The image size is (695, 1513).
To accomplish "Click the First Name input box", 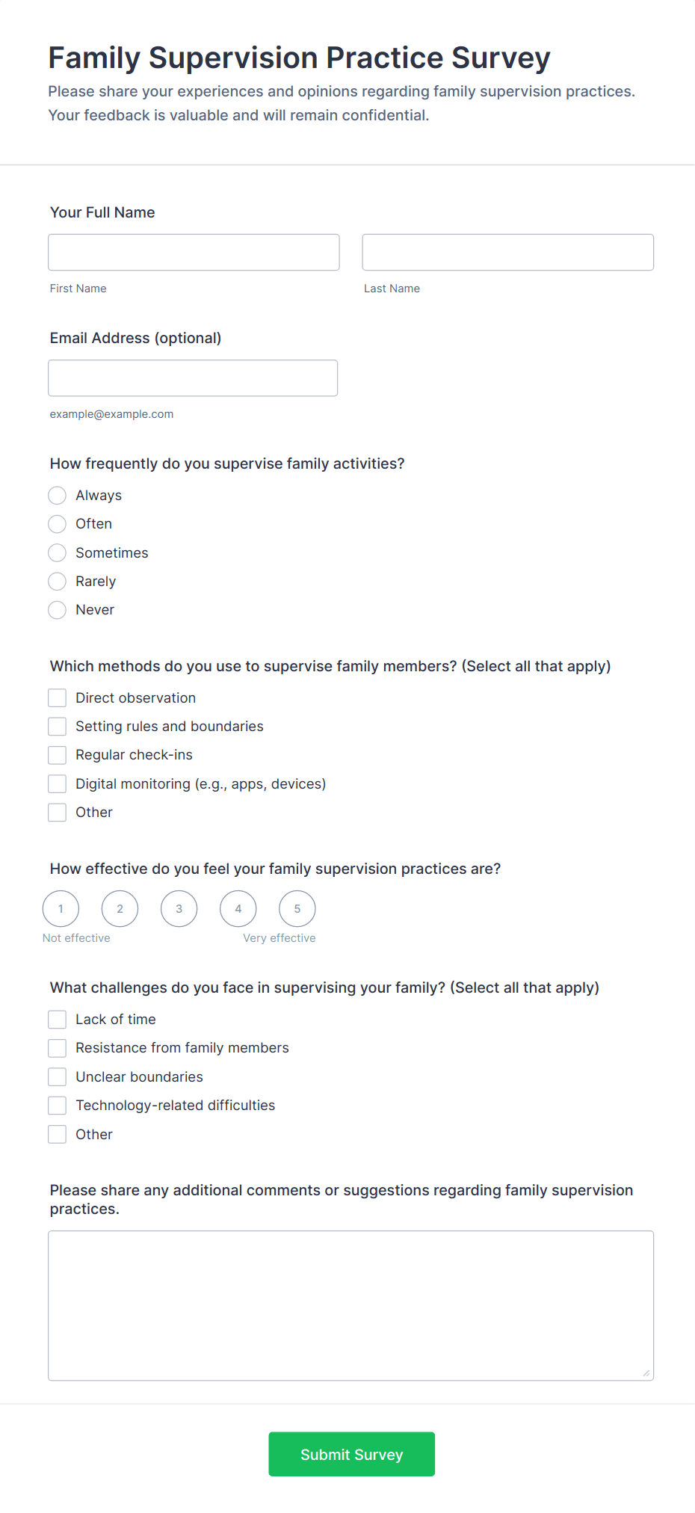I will [x=194, y=252].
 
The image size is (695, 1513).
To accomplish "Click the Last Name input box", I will [x=507, y=252].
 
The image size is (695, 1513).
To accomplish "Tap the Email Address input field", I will [x=193, y=378].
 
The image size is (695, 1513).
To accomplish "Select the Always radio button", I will [x=58, y=496].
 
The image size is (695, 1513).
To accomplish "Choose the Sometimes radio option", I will [x=58, y=553].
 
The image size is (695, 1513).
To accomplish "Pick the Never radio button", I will [x=58, y=610].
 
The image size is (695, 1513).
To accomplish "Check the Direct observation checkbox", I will [x=58, y=698].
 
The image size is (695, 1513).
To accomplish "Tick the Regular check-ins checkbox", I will [x=58, y=755].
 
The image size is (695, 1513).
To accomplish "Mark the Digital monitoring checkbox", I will [x=58, y=783].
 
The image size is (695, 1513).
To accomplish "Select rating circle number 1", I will [x=61, y=909].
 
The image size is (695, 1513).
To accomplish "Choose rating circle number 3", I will [x=179, y=909].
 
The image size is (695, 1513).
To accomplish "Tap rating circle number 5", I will [x=297, y=909].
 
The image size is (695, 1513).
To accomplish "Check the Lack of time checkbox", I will [x=58, y=1020].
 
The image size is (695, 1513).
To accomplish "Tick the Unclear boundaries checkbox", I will [x=58, y=1077].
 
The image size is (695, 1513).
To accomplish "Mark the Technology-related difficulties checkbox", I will [x=58, y=1106].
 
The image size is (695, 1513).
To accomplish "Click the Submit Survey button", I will [x=351, y=1454].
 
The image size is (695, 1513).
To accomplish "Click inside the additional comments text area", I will [x=350, y=1305].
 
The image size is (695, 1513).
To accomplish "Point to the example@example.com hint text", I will [x=111, y=414].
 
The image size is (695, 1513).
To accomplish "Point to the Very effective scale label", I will [x=279, y=938].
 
